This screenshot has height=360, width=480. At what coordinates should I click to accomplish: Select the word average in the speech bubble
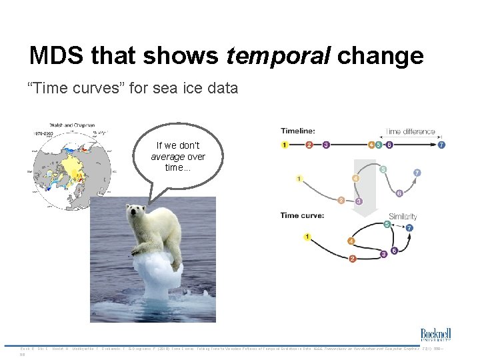(167, 157)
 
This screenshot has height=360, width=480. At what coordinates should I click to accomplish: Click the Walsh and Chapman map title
(72, 125)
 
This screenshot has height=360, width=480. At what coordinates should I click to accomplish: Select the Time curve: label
(302, 215)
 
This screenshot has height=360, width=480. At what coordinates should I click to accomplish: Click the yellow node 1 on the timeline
(285, 145)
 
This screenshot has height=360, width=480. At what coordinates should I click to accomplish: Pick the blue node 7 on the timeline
(441, 145)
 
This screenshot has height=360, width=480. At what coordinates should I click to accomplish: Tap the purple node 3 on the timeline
(325, 145)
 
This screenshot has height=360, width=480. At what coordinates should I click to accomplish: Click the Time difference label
(411, 131)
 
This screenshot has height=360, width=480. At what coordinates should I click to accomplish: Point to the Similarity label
(403, 217)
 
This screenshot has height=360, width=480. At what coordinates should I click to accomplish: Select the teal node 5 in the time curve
(387, 224)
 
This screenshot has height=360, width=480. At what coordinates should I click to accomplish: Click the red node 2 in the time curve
(353, 258)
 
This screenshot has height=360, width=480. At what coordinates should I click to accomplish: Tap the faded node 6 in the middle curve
(399, 193)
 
